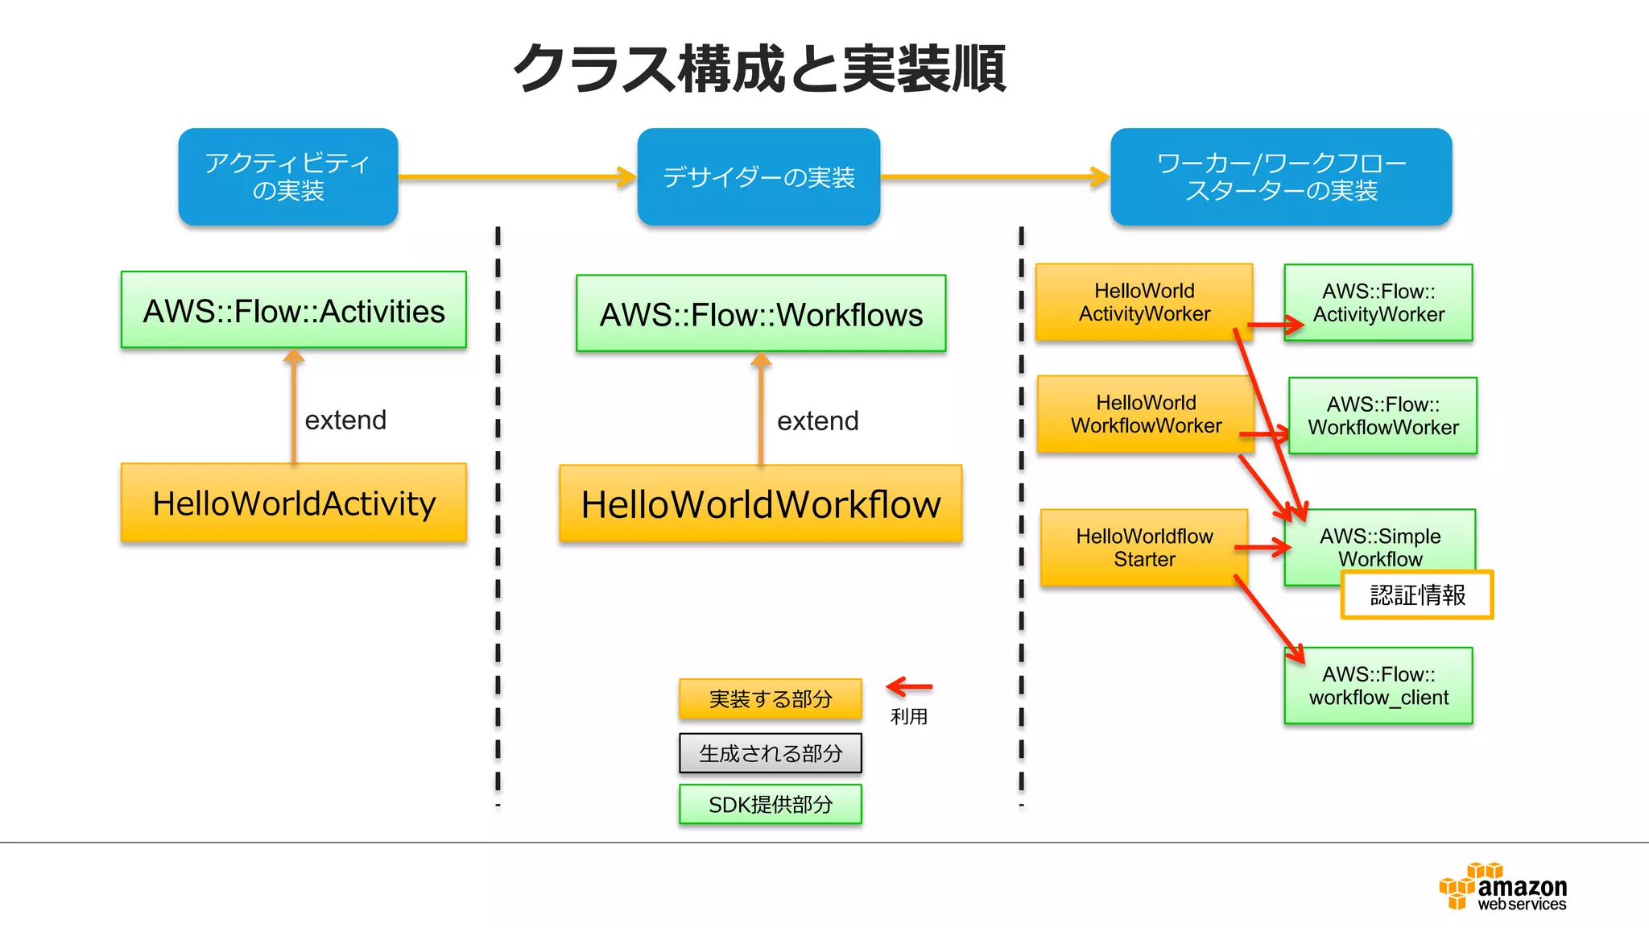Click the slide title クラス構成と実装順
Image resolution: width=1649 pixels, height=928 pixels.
click(x=759, y=69)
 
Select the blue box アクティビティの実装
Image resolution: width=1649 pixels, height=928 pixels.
click(x=288, y=176)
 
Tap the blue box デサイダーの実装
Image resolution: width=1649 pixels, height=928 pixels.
click(x=758, y=176)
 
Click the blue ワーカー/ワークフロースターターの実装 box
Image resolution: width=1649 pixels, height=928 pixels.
click(x=1281, y=176)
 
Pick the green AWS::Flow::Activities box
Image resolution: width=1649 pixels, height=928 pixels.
click(x=294, y=310)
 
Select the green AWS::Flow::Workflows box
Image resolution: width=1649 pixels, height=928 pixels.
click(x=761, y=313)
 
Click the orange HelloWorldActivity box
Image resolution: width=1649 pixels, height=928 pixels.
click(x=294, y=503)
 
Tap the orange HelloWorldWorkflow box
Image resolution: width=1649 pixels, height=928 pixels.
click(x=761, y=504)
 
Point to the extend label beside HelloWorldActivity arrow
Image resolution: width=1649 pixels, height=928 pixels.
click(x=345, y=420)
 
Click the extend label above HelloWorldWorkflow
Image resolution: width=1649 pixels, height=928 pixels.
click(x=817, y=420)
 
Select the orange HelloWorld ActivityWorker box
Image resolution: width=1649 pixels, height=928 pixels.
click(x=1144, y=302)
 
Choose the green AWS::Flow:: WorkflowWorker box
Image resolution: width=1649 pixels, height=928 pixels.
click(x=1382, y=416)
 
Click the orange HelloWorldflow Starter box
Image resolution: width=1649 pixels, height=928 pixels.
click(x=1144, y=547)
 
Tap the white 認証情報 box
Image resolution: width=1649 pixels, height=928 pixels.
click(x=1417, y=594)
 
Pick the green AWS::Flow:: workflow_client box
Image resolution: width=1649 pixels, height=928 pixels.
click(x=1378, y=686)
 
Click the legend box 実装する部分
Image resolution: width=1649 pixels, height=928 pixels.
click(x=771, y=698)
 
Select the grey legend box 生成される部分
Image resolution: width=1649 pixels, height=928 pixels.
click(x=771, y=753)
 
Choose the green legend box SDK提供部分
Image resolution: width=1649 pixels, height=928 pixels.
click(x=771, y=804)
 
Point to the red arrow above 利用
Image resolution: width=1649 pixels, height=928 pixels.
click(x=909, y=687)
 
